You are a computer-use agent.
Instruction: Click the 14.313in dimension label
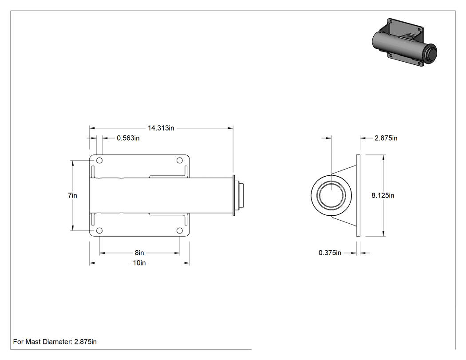tap(161, 128)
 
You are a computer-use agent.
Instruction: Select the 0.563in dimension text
tap(128, 138)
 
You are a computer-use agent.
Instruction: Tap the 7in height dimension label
tap(72, 195)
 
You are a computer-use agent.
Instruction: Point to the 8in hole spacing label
tap(139, 253)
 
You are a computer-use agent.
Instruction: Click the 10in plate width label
tap(139, 263)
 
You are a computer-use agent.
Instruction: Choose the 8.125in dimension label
tap(383, 195)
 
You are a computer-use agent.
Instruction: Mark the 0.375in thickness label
tap(330, 253)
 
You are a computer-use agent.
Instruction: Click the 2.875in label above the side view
tap(386, 138)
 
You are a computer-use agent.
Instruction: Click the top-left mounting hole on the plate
tap(99, 161)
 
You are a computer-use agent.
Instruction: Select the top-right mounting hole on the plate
tap(179, 161)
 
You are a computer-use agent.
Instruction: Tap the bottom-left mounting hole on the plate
tap(99, 231)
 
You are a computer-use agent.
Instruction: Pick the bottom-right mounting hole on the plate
tap(179, 231)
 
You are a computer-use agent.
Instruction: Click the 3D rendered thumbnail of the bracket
tap(404, 42)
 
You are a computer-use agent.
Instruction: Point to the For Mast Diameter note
tap(55, 342)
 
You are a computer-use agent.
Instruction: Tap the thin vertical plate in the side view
tap(358, 196)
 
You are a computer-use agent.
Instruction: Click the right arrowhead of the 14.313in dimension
tap(231, 128)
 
